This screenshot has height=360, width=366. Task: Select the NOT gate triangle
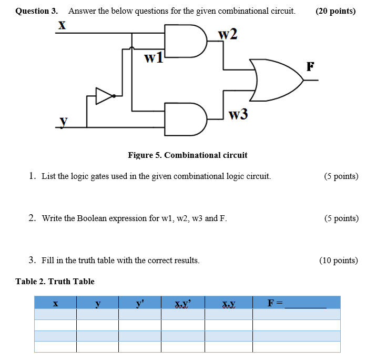click(104, 96)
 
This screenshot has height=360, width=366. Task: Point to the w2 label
click(228, 34)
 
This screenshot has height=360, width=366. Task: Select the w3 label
click(238, 114)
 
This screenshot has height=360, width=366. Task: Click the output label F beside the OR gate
click(310, 66)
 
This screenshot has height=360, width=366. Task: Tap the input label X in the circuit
click(62, 24)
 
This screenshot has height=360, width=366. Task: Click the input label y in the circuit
click(64, 121)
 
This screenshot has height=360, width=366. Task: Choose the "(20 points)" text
click(335, 11)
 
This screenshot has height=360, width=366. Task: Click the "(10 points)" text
click(338, 260)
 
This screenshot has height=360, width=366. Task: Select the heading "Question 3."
click(37, 11)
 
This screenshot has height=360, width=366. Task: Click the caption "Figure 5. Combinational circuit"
click(188, 155)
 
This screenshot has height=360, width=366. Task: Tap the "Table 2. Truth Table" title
click(55, 281)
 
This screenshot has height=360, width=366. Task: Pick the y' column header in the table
click(139, 303)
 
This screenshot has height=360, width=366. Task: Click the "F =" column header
click(276, 303)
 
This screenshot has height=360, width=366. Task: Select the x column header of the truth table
click(55, 303)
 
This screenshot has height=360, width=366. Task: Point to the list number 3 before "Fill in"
click(32, 260)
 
